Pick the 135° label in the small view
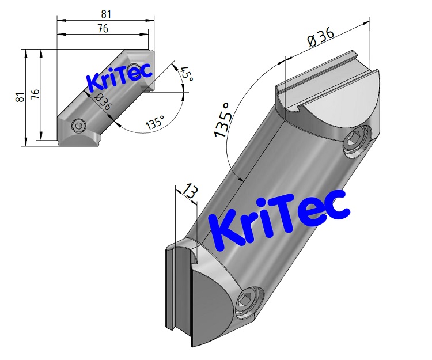(154, 122)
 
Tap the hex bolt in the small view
(79, 126)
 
